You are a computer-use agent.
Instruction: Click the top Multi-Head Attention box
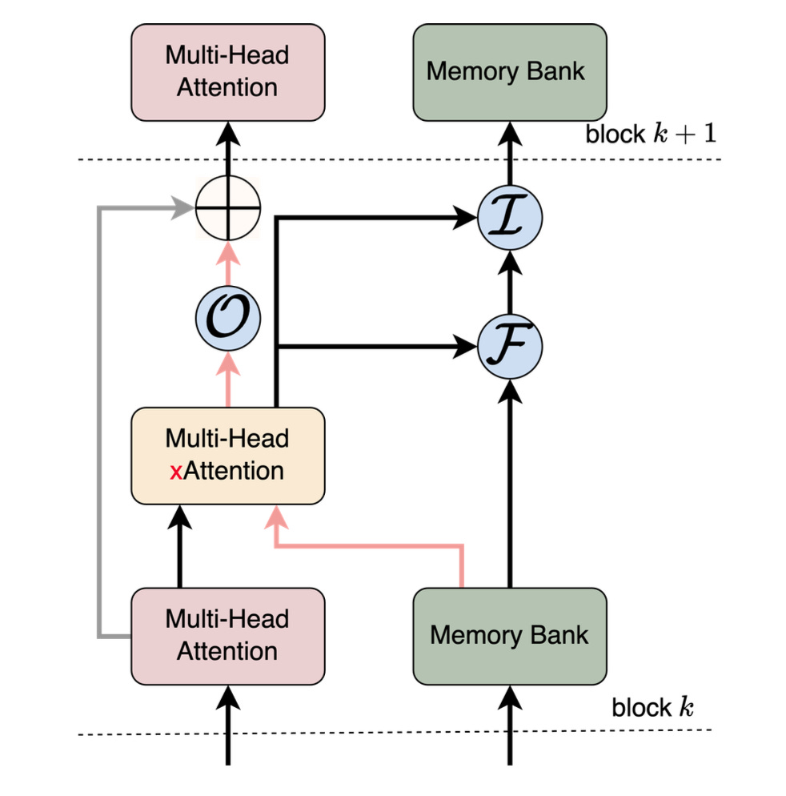[227, 71]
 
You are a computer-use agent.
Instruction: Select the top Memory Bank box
[506, 71]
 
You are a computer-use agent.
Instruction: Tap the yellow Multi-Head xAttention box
[227, 455]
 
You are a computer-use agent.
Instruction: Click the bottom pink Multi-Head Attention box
[227, 635]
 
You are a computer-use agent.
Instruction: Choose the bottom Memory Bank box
[509, 635]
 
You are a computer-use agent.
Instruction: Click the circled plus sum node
[228, 206]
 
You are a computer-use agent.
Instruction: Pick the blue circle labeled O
[228, 319]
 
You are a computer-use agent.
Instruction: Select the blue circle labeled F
[510, 347]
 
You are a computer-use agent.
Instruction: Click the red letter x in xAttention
[176, 472]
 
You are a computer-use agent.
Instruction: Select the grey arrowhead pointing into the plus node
[186, 207]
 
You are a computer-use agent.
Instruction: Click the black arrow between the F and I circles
[510, 280]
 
